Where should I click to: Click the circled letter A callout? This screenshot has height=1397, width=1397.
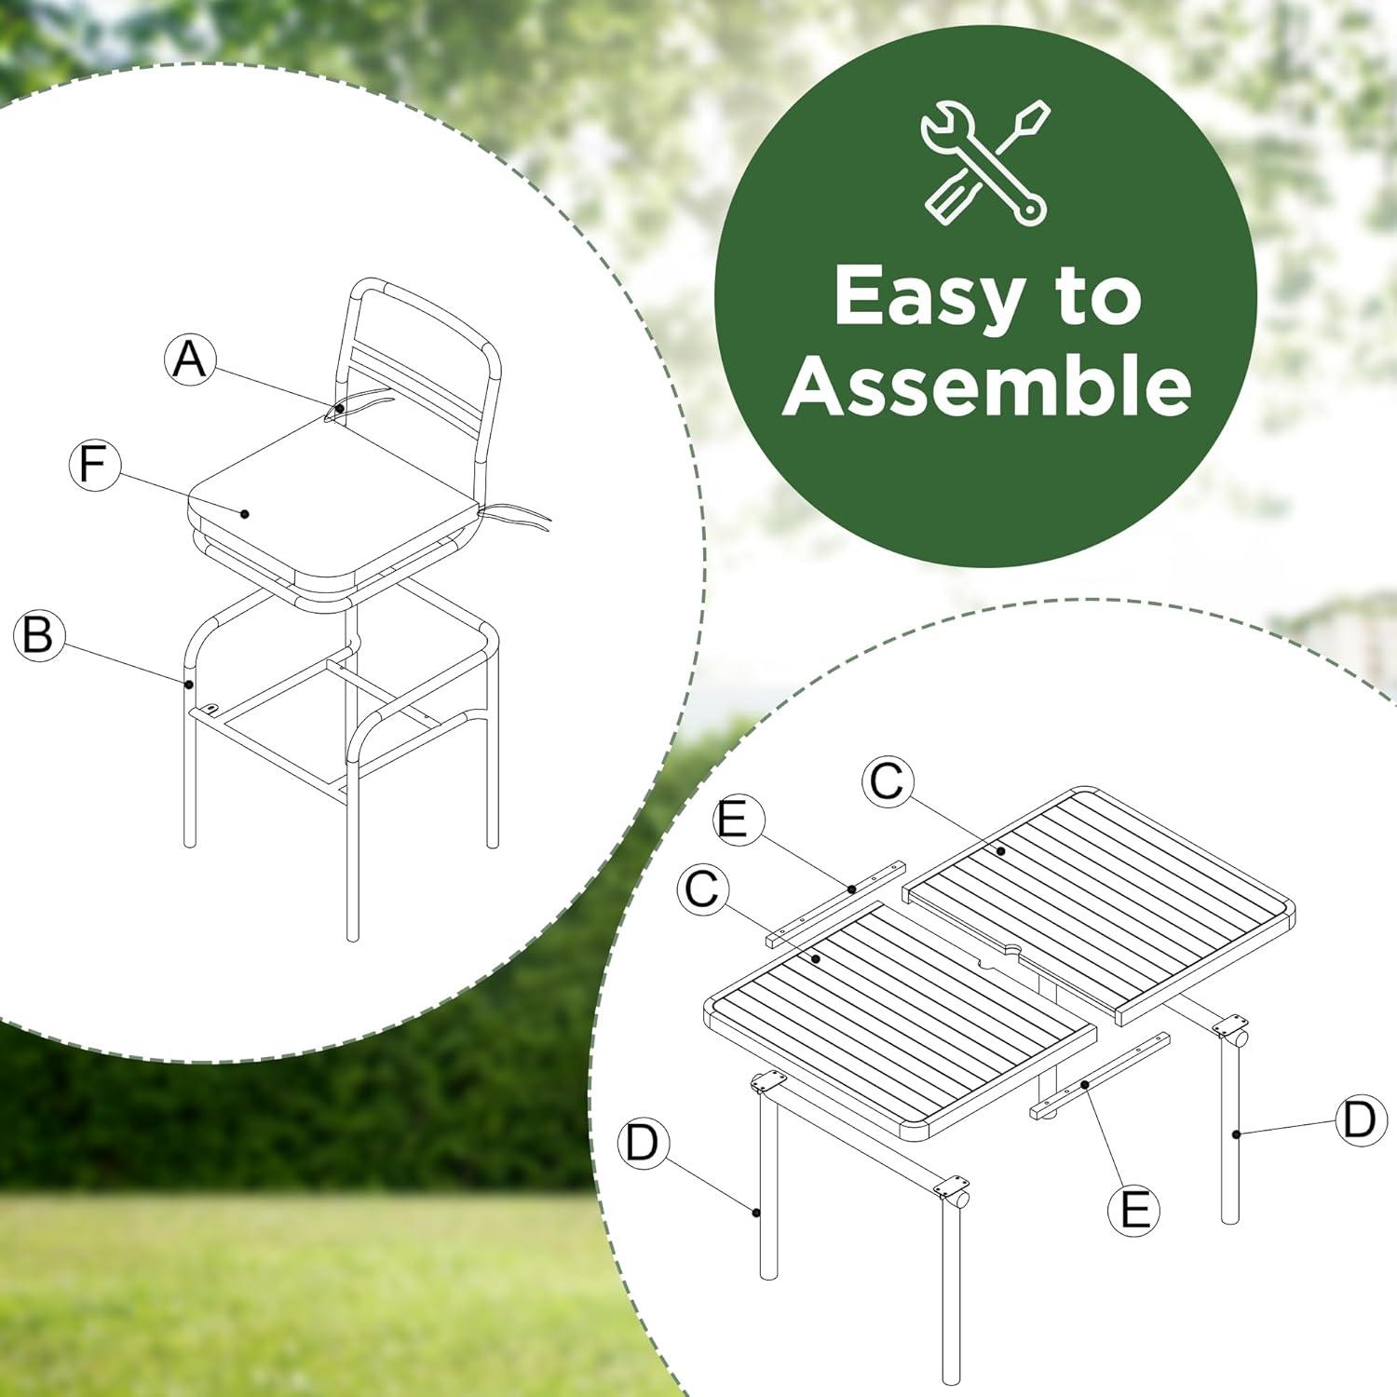(x=190, y=359)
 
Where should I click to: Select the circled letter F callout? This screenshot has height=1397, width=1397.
(x=95, y=464)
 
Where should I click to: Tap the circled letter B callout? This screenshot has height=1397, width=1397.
(x=39, y=635)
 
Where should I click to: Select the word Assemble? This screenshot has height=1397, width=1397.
(x=987, y=385)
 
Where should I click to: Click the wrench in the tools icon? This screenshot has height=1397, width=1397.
(x=985, y=163)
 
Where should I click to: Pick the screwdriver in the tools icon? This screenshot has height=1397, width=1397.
(x=987, y=163)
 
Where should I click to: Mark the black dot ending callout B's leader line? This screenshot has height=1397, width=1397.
(x=190, y=684)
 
